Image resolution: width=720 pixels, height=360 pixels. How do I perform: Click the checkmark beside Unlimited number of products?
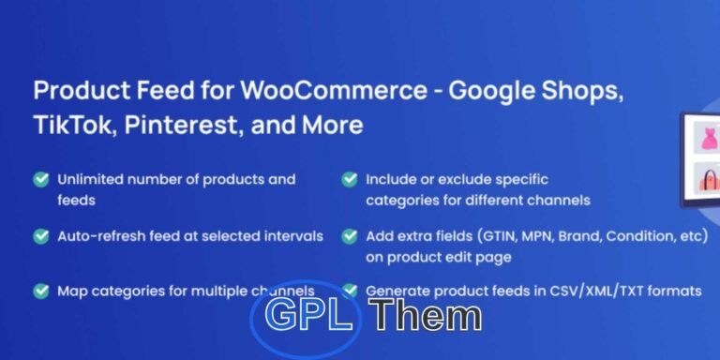pyautogui.click(x=41, y=179)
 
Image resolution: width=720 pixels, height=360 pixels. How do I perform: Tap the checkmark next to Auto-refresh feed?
pyautogui.click(x=41, y=236)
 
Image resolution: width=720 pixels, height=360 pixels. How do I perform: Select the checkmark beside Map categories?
pyautogui.click(x=41, y=291)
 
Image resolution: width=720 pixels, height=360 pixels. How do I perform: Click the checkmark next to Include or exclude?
pyautogui.click(x=350, y=179)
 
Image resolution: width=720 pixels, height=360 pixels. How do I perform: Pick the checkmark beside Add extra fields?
pyautogui.click(x=350, y=236)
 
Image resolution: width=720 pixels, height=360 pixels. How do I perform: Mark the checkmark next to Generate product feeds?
pyautogui.click(x=350, y=291)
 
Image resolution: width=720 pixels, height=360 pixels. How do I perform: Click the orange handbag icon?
pyautogui.click(x=704, y=180)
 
